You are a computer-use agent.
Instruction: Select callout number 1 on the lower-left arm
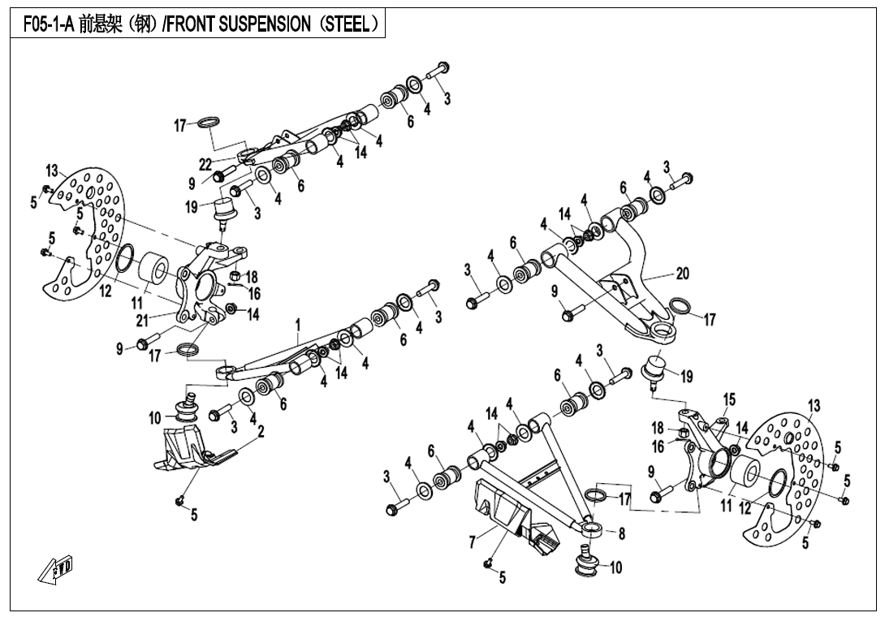(298, 325)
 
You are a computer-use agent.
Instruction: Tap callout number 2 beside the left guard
(261, 432)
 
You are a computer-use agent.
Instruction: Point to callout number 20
(682, 274)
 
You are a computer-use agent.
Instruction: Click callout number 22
(205, 163)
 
